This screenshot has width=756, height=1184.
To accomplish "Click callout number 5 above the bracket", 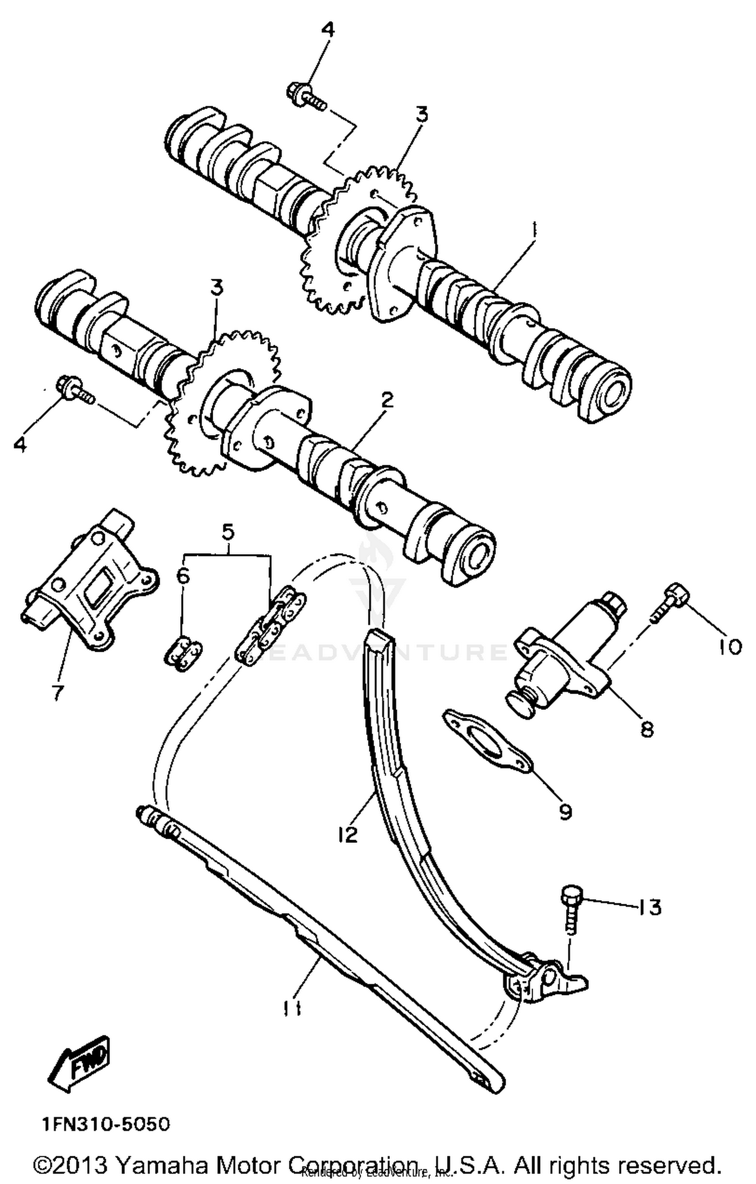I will pyautogui.click(x=228, y=531).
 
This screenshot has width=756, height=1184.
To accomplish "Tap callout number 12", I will pyautogui.click(x=348, y=834).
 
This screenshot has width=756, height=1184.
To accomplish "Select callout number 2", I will pyautogui.click(x=387, y=401).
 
